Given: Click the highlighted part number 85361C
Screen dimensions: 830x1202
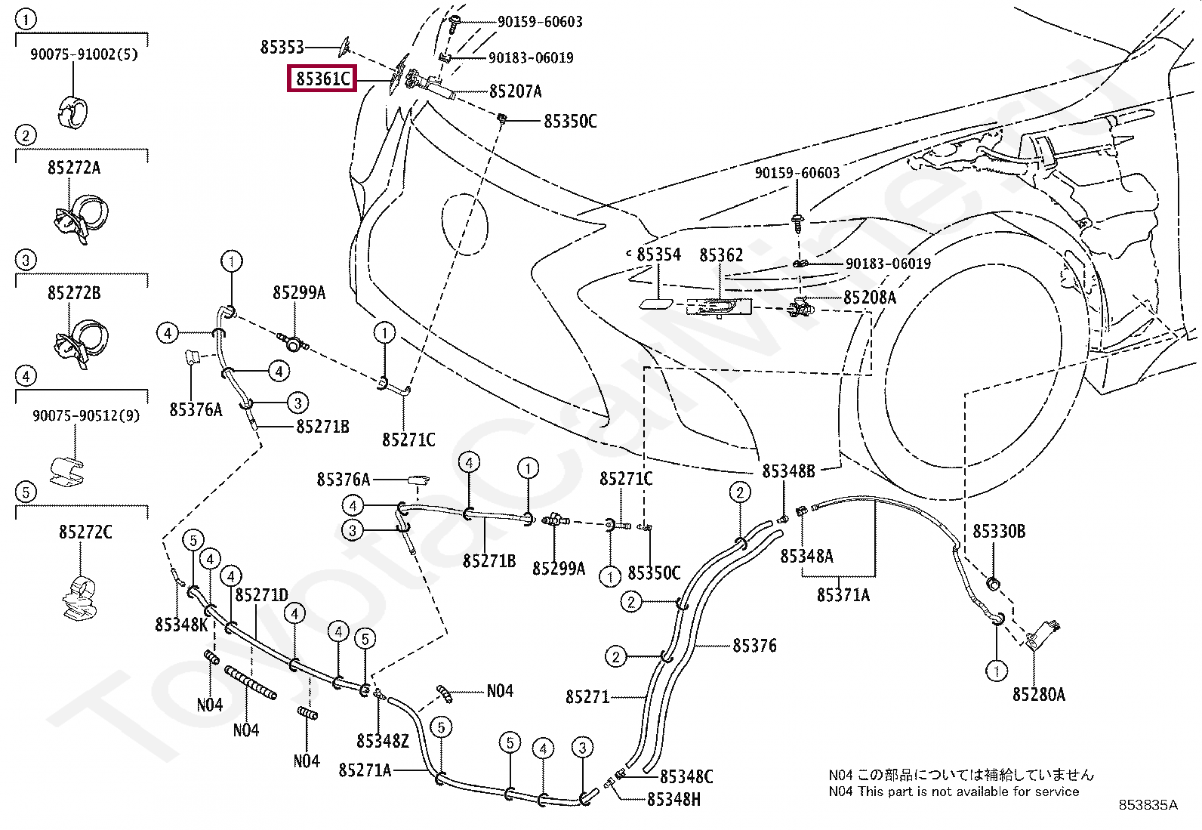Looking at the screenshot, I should pos(322,79).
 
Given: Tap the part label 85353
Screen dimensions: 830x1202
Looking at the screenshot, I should pos(282,47).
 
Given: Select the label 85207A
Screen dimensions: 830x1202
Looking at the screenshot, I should pos(516,91).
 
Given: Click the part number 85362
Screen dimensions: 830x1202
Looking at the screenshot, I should pos(721,255).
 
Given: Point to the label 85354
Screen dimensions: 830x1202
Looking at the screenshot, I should pos(658,255).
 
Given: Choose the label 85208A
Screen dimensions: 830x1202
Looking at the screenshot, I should pos(870,298).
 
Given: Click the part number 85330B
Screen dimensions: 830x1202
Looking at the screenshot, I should pos(998,532).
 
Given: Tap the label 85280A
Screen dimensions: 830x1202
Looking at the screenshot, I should pos(1038,694).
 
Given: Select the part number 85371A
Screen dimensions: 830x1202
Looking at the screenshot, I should pos(843,595).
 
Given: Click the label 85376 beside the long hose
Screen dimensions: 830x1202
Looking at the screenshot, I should pos(754,646).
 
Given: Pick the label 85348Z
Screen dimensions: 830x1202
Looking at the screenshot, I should pos(383,741).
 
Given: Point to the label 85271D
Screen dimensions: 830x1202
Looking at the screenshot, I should pos(261,595).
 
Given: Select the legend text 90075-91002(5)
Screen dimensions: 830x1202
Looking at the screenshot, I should pos(84,54).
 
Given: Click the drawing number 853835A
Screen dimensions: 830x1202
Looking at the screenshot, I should pos(1148,805).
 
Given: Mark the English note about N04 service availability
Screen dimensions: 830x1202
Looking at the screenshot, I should pos(954,791).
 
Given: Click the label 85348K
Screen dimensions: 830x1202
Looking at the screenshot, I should pos(181,625).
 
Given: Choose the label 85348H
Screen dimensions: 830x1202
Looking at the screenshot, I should pos(673,798).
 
